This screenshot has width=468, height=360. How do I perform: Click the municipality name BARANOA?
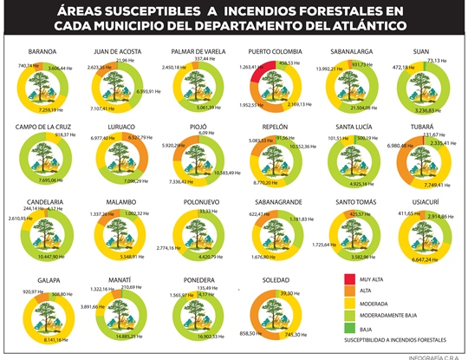coord(42,51)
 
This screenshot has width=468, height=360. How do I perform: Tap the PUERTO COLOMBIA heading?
coord(274,51)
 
